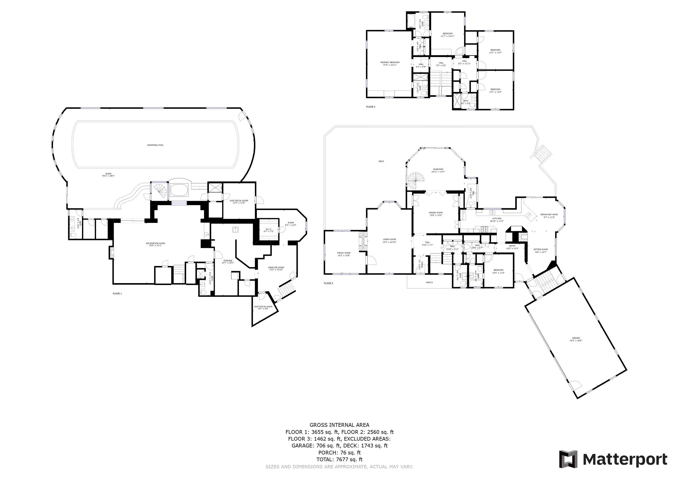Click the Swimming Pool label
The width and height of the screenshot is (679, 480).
click(155, 145)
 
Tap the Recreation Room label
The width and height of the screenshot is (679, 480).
click(155, 243)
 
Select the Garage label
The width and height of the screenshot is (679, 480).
click(576, 338)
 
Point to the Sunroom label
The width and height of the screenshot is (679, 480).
click(438, 169)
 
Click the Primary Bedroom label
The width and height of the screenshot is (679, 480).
click(390, 62)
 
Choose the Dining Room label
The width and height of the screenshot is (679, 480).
click(436, 213)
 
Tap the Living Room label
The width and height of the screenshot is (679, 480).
click(389, 239)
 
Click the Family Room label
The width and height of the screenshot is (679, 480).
click(344, 253)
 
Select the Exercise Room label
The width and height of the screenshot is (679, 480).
click(276, 267)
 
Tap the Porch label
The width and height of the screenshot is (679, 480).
click(429, 282)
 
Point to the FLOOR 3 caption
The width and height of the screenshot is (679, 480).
click(370, 107)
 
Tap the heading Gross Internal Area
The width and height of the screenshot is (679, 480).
click(339, 425)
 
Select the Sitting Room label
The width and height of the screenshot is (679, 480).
click(541, 249)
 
